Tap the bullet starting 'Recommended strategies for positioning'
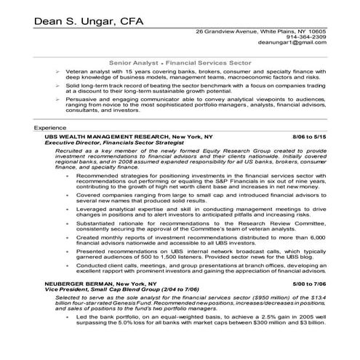click(x=196, y=181)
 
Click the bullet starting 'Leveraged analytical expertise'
click(x=196, y=213)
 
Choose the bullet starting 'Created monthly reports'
click(x=196, y=240)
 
